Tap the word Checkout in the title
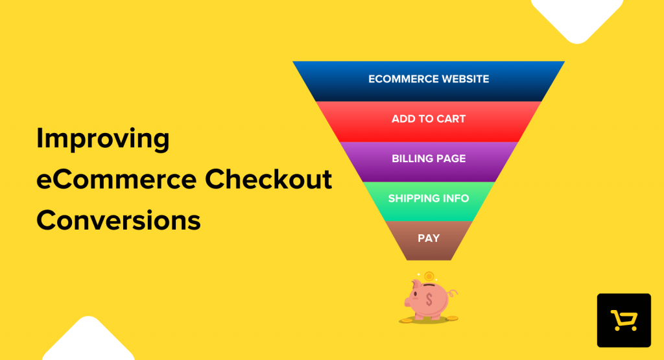click(x=279, y=180)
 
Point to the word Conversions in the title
click(x=119, y=221)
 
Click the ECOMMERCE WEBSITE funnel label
click(x=429, y=79)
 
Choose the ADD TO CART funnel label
click(x=429, y=119)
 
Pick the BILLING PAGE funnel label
click(x=429, y=159)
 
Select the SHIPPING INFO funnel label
click(x=429, y=198)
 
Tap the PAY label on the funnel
click(x=429, y=238)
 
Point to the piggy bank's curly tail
click(x=453, y=293)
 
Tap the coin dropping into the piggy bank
click(x=429, y=277)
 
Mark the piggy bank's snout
click(x=409, y=301)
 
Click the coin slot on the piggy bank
click(x=430, y=285)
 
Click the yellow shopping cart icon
click(x=624, y=320)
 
